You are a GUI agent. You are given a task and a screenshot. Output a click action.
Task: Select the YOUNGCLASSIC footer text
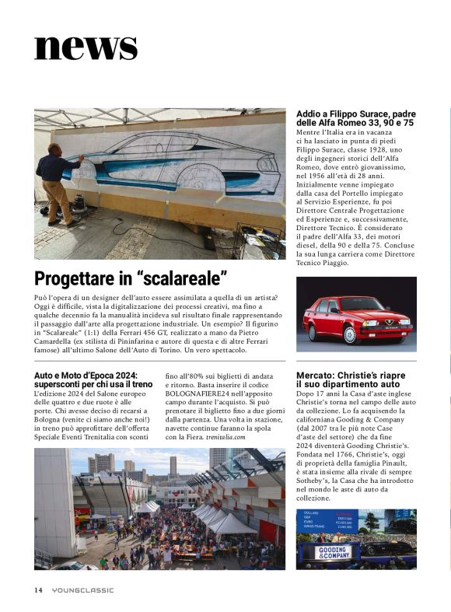[x=82, y=589]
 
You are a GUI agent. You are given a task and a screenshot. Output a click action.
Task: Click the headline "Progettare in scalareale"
[x=131, y=278]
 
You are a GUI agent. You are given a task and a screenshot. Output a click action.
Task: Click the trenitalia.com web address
[x=226, y=437]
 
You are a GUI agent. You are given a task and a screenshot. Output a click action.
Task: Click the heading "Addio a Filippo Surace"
[x=355, y=114]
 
